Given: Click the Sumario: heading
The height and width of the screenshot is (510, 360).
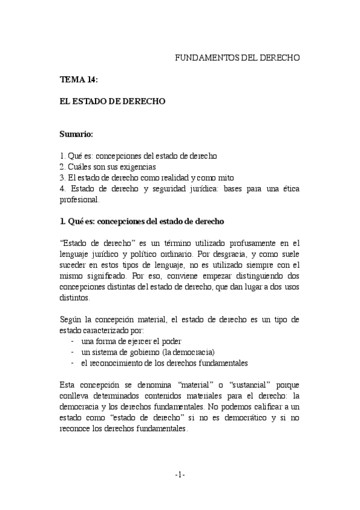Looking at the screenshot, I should click(x=76, y=134).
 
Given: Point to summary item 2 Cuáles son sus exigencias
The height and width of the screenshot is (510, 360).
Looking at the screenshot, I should click(x=108, y=167).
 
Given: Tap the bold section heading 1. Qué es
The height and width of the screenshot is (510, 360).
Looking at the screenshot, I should click(x=142, y=221).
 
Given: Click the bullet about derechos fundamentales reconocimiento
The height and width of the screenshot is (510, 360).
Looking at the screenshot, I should click(x=164, y=363).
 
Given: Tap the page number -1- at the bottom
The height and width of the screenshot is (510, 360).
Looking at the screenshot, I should click(x=180, y=475).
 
